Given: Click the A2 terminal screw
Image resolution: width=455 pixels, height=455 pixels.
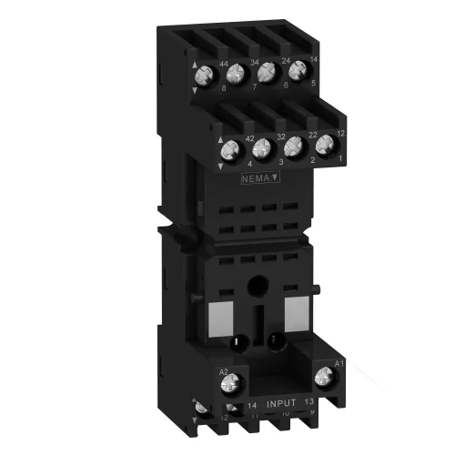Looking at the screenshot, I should pyautogui.click(x=224, y=389).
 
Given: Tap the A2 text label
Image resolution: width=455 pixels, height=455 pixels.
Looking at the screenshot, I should pyautogui.click(x=222, y=371).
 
